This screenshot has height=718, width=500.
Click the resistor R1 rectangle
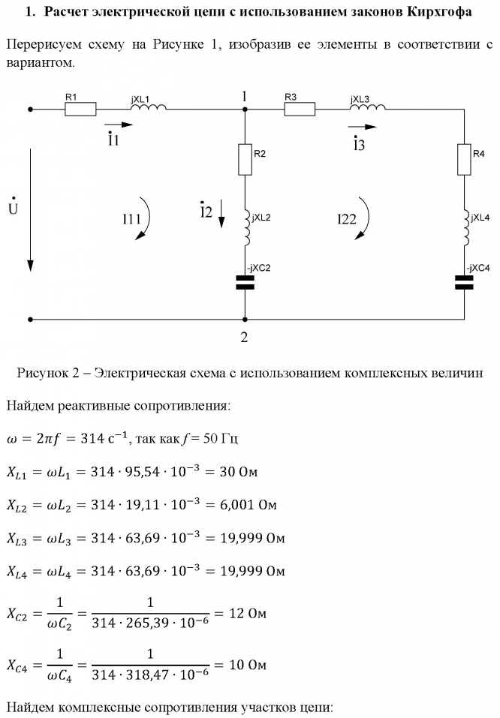pos(80,109)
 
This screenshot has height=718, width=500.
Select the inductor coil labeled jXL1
pos(149,107)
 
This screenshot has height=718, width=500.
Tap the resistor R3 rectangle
pos(300,109)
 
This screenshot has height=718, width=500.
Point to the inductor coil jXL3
pos(368,107)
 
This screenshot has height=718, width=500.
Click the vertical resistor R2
pos(245,160)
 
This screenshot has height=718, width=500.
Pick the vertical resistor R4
pos(464,160)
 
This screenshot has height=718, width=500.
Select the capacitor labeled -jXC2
pos(245,283)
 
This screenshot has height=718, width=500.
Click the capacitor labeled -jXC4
pos(464,283)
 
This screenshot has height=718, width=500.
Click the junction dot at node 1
pos(245,110)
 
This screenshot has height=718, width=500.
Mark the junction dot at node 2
pos(245,319)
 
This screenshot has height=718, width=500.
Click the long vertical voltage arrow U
pos(30,210)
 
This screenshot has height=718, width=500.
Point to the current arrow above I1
pos(119,125)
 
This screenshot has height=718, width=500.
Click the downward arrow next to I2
pos(221,213)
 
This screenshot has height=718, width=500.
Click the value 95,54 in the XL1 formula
pos(143,471)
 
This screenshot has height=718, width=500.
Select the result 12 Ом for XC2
pos(248,613)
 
